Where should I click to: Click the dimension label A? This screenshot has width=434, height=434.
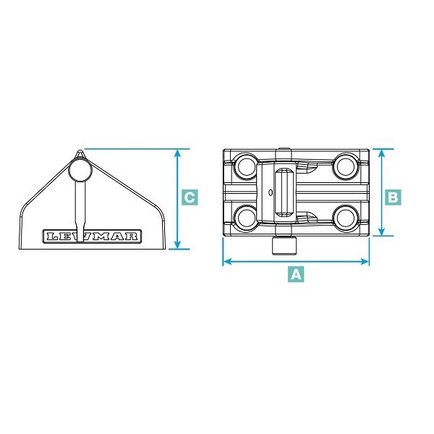click(296, 274)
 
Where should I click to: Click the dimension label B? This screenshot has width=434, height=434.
click(393, 197)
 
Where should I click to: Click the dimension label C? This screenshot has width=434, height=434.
click(190, 197)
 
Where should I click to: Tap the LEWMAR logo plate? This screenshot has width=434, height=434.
click(92, 237)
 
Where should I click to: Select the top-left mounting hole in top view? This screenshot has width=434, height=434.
click(246, 166)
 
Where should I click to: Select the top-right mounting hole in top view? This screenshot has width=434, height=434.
click(345, 166)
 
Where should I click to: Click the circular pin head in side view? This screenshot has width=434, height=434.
click(80, 170)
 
